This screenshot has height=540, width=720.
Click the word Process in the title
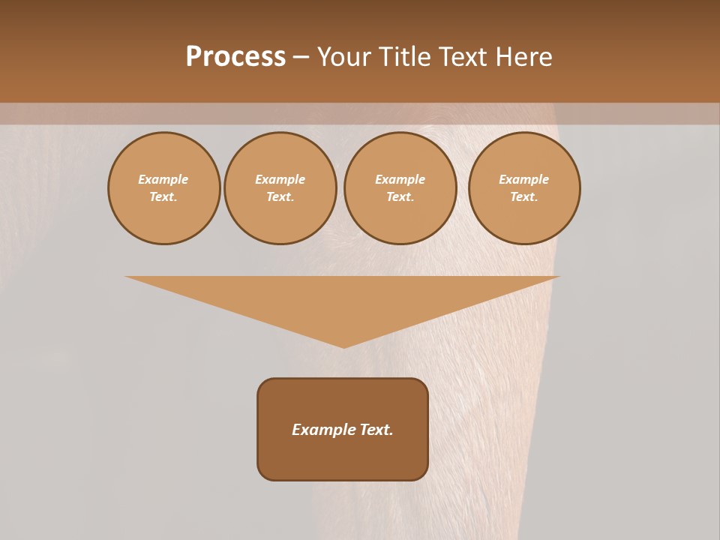click(x=235, y=57)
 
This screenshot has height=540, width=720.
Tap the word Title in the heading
click(x=403, y=57)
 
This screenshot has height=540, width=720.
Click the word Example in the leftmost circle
click(x=163, y=179)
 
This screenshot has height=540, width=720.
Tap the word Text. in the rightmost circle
click(x=524, y=196)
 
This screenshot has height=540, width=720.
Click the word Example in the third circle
click(x=400, y=179)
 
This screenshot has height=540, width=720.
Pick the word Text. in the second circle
click(x=280, y=196)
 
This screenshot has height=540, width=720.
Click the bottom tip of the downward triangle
click(x=343, y=346)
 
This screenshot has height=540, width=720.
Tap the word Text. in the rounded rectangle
click(x=376, y=430)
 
